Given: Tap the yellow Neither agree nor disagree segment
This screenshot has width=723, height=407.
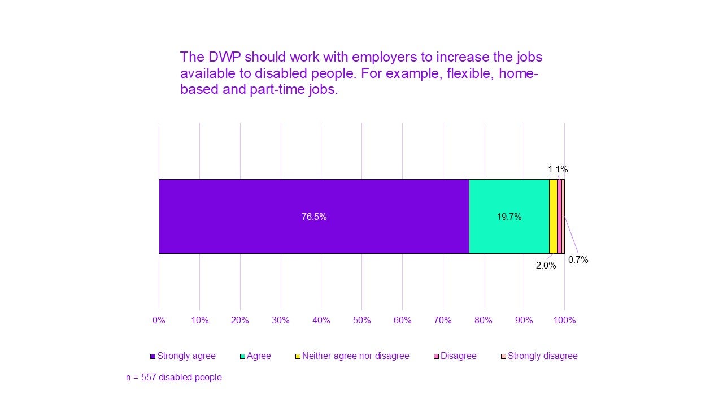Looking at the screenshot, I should (x=553, y=217).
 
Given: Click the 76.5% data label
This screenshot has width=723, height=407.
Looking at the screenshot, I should (x=314, y=217).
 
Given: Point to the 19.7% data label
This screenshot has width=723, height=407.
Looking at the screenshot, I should (x=509, y=217).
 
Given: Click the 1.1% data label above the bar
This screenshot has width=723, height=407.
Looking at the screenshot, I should (x=558, y=169).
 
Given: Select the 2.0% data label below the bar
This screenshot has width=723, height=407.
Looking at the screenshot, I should (x=546, y=265).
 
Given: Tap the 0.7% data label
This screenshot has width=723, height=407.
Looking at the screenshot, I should (x=578, y=260).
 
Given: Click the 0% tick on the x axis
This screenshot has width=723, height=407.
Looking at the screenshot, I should (x=159, y=321).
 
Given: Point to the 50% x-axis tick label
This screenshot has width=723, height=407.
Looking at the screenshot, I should (x=361, y=321).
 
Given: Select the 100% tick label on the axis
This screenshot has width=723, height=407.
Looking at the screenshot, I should (x=564, y=321).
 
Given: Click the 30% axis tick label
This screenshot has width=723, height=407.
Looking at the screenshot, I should (x=281, y=321).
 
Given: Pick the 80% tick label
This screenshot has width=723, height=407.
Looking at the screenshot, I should (x=484, y=321).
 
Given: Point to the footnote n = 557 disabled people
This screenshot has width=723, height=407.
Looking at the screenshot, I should (x=173, y=377).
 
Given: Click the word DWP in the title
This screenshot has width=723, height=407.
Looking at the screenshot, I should (x=223, y=58).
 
